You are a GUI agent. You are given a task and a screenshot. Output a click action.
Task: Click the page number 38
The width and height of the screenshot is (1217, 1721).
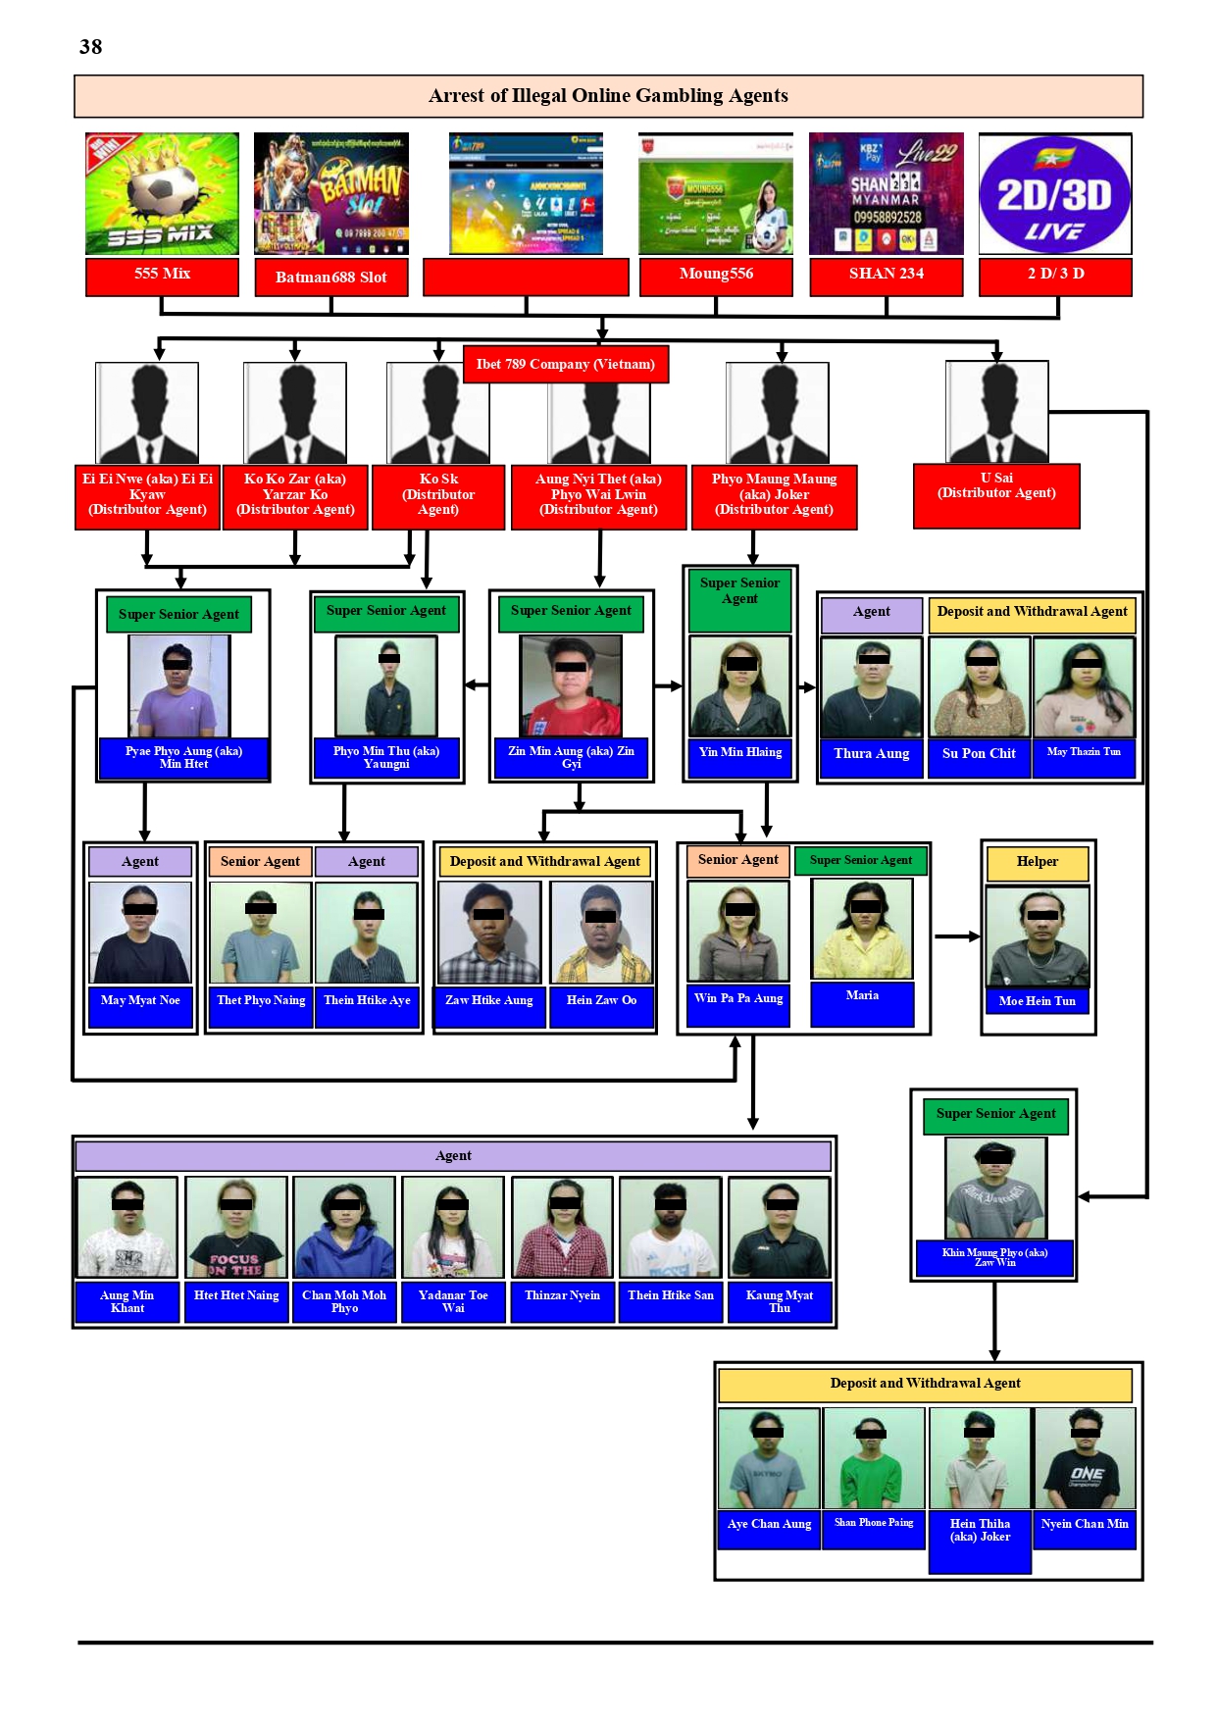(x=90, y=47)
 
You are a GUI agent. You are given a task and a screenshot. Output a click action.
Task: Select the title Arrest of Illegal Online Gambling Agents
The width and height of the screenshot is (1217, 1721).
(x=608, y=96)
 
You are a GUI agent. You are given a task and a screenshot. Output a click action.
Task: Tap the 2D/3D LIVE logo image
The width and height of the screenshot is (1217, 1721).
(x=1054, y=194)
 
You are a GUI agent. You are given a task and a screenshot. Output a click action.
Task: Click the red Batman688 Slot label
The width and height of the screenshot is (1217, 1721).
(x=331, y=278)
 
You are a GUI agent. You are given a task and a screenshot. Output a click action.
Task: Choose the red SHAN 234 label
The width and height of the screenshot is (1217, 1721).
(x=886, y=275)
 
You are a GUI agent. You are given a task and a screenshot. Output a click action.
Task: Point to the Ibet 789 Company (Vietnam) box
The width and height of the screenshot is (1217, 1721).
(x=566, y=364)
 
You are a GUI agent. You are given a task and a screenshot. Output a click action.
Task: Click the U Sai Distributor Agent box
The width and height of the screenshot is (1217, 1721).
(x=996, y=494)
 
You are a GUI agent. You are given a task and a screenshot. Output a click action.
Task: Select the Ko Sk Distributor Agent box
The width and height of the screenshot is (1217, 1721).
(x=438, y=496)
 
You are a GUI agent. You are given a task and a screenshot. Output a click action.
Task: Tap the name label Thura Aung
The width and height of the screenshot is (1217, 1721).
(x=871, y=755)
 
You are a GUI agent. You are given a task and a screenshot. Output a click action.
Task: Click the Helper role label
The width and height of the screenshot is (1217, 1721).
(x=1037, y=862)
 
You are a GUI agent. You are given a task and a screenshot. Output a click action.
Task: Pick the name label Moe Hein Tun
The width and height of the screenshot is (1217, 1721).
(x=1037, y=1002)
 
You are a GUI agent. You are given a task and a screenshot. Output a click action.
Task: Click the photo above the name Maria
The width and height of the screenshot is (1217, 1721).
(x=862, y=928)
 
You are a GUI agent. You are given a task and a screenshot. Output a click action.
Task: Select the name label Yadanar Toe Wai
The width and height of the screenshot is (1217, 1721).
(x=452, y=1301)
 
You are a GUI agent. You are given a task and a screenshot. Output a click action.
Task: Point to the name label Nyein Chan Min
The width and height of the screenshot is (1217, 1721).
(x=1084, y=1525)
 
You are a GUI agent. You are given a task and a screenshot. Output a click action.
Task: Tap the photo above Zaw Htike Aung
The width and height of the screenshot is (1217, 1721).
(x=488, y=933)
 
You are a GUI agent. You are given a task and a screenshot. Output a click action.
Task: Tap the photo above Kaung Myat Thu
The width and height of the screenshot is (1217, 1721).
(x=779, y=1228)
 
